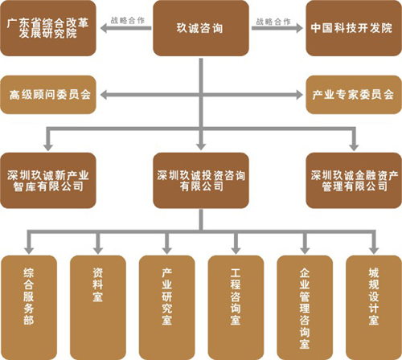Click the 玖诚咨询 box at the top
[x=201, y=28]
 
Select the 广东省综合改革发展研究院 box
[x=48, y=28]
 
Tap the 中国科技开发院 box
[x=354, y=28]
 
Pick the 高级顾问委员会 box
[x=48, y=95]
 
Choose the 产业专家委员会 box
[x=354, y=95]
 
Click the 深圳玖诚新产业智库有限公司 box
[x=48, y=181]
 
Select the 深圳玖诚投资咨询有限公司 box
[x=201, y=181]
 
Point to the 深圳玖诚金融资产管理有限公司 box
[x=354, y=181]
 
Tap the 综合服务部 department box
[x=29, y=308]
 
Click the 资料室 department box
[x=98, y=308]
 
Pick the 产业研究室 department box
[x=166, y=308]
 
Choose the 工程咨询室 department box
[x=236, y=308]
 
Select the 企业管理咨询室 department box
[x=305, y=308]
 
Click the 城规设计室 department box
[x=374, y=308]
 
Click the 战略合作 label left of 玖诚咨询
[x=128, y=20]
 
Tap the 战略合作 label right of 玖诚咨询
[x=273, y=22]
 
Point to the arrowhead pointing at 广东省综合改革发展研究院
[x=104, y=28]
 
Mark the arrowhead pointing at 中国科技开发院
[x=299, y=28]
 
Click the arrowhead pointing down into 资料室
[x=98, y=251]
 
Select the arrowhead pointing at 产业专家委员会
[x=299, y=95]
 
